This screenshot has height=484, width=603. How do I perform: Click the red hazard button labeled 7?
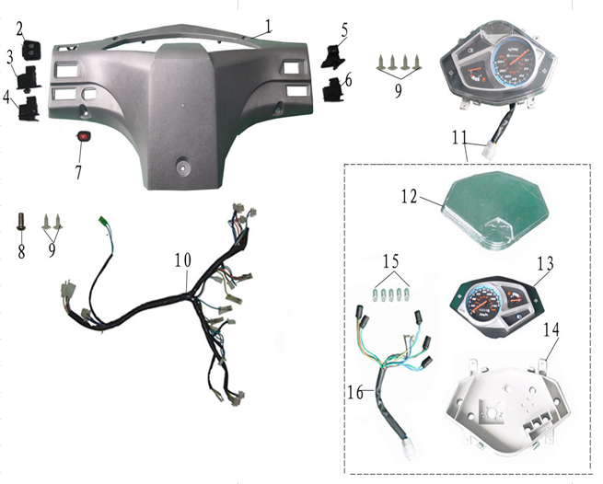(83, 136)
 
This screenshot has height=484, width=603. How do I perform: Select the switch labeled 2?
(31, 50)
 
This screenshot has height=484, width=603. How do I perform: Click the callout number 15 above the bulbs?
(391, 262)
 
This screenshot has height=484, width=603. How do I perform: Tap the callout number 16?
(355, 393)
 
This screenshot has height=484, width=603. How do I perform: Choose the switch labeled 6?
(332, 89)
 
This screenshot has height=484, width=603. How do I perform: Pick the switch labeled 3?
(29, 79)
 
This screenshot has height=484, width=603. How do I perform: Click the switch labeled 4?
(29, 109)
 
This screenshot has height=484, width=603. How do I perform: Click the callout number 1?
(268, 26)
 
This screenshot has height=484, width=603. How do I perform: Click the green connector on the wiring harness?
(103, 221)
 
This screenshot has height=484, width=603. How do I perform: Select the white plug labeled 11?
(490, 148)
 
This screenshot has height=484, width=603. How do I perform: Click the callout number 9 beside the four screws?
(399, 91)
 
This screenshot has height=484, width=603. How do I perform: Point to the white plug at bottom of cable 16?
(407, 446)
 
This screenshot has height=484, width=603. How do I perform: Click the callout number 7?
(78, 173)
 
